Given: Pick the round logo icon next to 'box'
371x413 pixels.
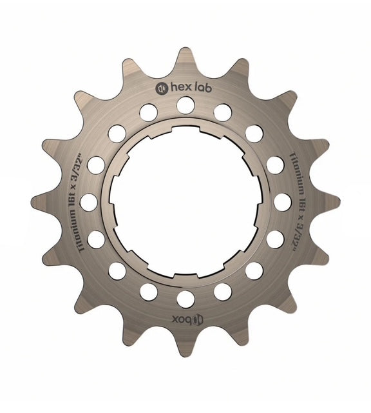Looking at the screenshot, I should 198,317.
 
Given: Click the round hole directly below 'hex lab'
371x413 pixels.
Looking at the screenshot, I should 185,105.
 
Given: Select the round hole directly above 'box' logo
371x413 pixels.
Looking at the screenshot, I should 185,298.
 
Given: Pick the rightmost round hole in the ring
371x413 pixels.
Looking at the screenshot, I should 282,201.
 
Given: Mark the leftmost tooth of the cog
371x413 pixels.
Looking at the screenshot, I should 39,201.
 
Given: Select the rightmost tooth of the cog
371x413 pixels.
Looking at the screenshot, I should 332,201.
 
